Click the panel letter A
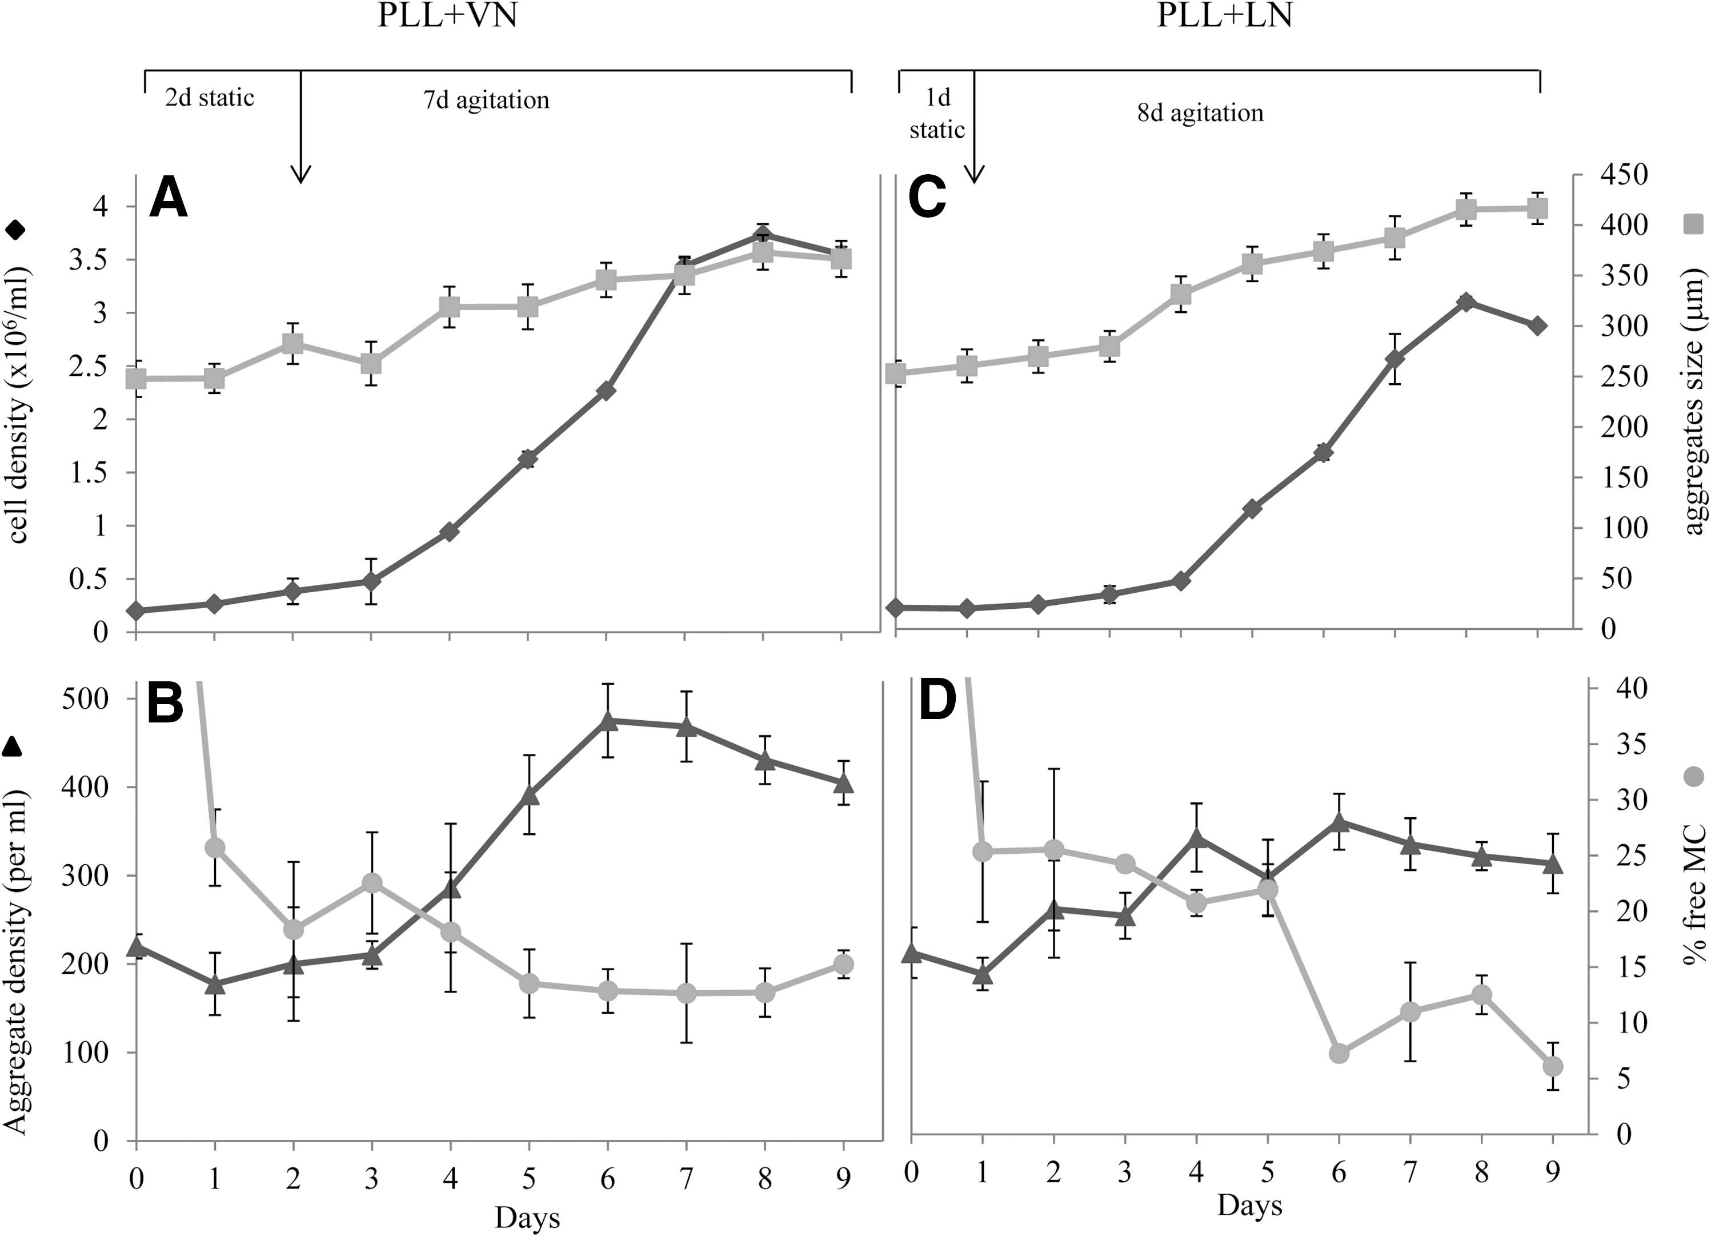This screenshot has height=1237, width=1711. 169,198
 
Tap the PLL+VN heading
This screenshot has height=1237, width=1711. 447,14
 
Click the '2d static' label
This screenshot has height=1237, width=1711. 210,97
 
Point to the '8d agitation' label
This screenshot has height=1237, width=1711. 1200,113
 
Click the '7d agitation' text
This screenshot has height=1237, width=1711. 487,99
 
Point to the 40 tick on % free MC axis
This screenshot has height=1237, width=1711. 1619,688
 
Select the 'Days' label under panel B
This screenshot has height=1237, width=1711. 527,1218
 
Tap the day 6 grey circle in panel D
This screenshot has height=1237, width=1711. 1339,1054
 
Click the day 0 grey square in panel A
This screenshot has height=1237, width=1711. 137,378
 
